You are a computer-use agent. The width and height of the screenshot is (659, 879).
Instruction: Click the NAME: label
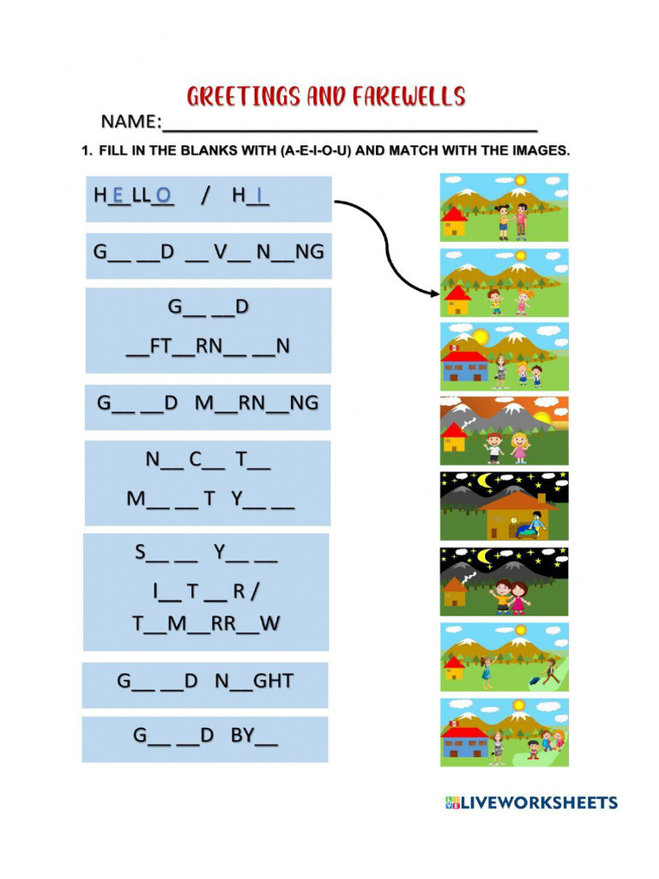(130, 121)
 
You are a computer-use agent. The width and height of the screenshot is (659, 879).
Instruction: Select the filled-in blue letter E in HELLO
(118, 196)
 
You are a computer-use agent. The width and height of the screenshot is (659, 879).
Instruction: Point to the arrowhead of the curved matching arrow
(435, 294)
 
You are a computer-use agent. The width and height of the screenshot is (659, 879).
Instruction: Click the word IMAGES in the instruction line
(540, 150)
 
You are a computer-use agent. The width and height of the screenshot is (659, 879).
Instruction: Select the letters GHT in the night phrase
(274, 681)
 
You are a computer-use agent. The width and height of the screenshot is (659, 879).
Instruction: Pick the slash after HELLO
(205, 196)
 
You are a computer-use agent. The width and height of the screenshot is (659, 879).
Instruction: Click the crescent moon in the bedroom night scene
(487, 481)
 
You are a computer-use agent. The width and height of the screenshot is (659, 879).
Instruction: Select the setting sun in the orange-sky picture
(543, 419)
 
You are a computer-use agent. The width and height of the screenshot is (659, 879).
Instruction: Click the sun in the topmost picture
(519, 180)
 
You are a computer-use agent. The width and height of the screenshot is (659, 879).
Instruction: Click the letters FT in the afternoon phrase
(160, 346)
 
